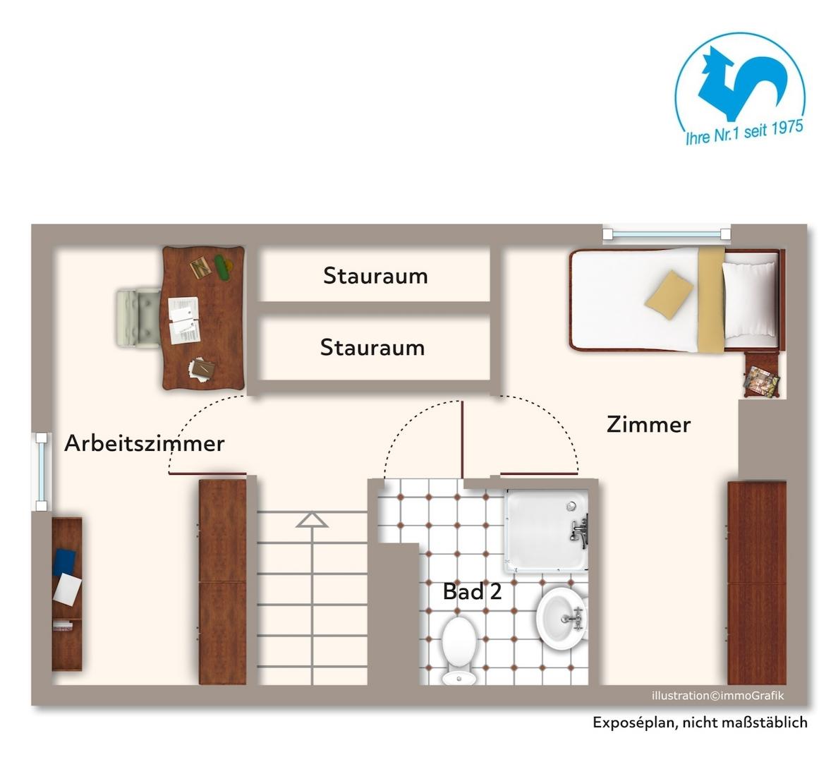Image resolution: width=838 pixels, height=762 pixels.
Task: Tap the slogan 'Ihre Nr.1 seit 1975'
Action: [744, 132]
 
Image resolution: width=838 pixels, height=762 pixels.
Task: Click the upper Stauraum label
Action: [375, 276]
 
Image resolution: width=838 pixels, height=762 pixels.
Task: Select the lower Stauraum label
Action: [372, 347]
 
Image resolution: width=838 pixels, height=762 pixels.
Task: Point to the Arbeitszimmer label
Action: [144, 443]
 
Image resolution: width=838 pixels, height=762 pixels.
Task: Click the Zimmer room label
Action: [648, 424]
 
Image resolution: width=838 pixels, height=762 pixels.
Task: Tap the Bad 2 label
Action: [472, 591]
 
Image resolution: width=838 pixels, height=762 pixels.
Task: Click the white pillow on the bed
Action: [748, 299]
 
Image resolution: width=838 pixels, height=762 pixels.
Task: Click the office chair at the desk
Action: [138, 317]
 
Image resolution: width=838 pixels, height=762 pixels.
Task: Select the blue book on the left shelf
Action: [64, 562]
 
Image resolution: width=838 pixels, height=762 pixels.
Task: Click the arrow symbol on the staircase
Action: [312, 520]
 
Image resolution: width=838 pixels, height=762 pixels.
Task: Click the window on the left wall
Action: [42, 471]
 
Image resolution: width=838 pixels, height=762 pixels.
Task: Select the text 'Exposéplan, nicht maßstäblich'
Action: [699, 722]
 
